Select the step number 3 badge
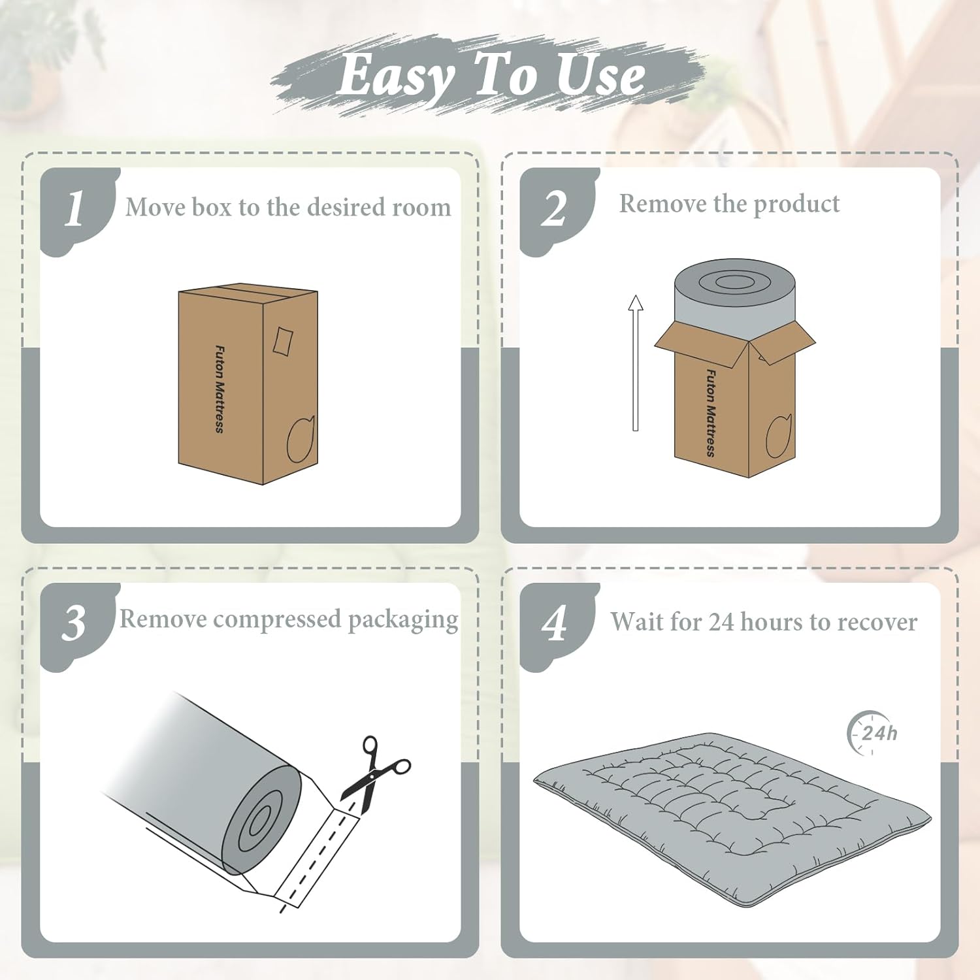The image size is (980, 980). click(x=76, y=624)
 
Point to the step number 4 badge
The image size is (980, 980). click(x=555, y=624)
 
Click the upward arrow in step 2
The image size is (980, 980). click(x=635, y=363)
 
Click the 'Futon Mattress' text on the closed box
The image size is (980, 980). click(x=220, y=389)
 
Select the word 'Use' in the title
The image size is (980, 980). click(x=601, y=75)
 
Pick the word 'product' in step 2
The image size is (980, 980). click(x=796, y=204)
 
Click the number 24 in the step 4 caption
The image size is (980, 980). click(x=721, y=623)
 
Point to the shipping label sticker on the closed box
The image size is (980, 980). click(x=283, y=340)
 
